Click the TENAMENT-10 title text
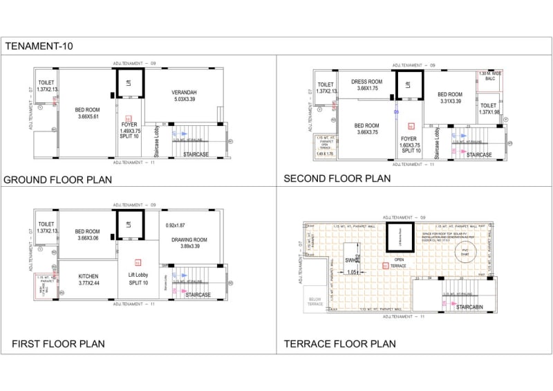[x=39, y=46]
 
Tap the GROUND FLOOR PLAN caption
[x=58, y=180]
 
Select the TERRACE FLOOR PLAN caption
[x=339, y=343]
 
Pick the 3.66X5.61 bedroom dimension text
[x=87, y=117]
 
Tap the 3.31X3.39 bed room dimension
[x=450, y=101]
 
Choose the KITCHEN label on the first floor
[x=88, y=279]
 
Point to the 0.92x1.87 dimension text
[x=176, y=225]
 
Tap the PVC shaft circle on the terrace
[x=465, y=253]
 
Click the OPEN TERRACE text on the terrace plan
[x=400, y=262]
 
